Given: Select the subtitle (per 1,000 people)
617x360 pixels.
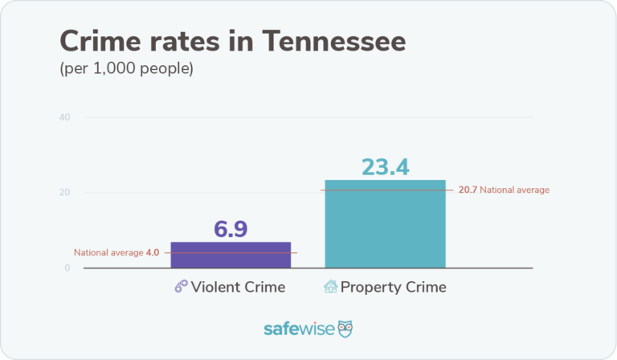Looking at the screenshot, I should pyautogui.click(x=126, y=69).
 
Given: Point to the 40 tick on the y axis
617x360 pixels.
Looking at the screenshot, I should pyautogui.click(x=64, y=117).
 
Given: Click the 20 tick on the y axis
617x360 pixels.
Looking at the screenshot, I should pyautogui.click(x=64, y=193).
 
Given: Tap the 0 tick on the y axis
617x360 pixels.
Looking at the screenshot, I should pyautogui.click(x=67, y=268).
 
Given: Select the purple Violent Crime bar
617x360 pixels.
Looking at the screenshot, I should pyautogui.click(x=231, y=256).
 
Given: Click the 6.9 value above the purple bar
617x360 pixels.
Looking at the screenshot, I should pyautogui.click(x=231, y=228).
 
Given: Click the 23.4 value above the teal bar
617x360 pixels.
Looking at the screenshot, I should pyautogui.click(x=385, y=166).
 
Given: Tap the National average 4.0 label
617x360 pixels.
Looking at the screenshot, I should pyautogui.click(x=116, y=252).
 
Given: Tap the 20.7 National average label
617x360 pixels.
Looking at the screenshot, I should pyautogui.click(x=504, y=190).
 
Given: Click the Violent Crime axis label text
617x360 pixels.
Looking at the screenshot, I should pyautogui.click(x=239, y=287).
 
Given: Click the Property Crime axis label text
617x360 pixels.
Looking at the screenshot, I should pyautogui.click(x=393, y=287).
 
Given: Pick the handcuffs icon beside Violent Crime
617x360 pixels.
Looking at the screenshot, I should pyautogui.click(x=182, y=287).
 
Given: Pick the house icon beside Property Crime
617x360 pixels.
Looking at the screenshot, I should pyautogui.click(x=330, y=287).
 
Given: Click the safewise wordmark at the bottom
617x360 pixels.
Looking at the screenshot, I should pyautogui.click(x=298, y=329).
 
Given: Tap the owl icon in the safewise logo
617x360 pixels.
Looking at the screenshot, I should pyautogui.click(x=345, y=329).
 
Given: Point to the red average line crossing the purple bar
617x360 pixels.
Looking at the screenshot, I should pyautogui.click(x=231, y=252).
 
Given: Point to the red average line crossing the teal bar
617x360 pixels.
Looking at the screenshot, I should pyautogui.click(x=385, y=190).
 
